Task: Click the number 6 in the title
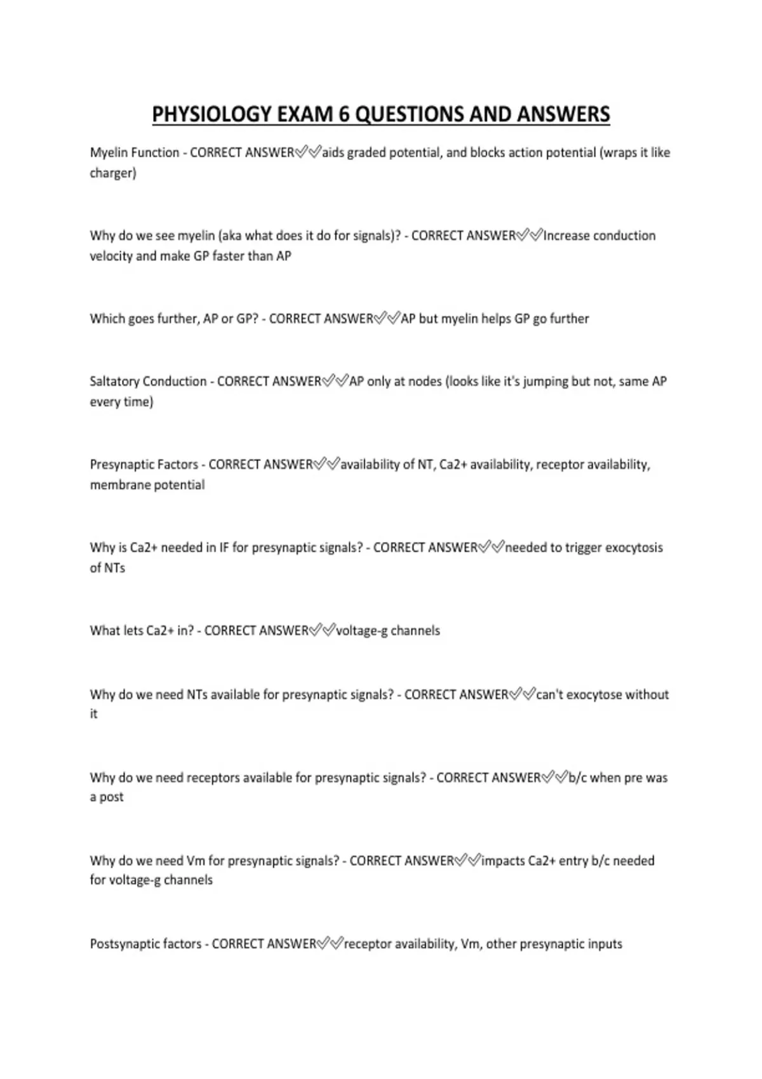click(x=344, y=114)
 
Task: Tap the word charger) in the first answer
click(x=113, y=173)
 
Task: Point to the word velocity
click(x=110, y=256)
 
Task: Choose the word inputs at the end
click(x=603, y=944)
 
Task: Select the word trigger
click(x=583, y=548)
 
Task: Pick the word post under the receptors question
click(x=112, y=798)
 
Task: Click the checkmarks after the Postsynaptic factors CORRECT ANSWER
click(x=330, y=944)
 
